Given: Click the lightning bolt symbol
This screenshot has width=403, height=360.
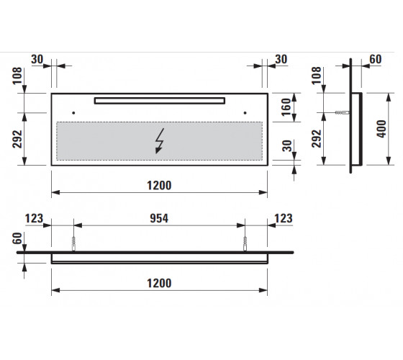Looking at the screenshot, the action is [160, 141].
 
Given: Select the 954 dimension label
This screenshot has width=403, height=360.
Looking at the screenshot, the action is [159, 218].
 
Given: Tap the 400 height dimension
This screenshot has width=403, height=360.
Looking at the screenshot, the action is [381, 129].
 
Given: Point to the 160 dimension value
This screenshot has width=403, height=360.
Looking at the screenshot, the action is [286, 107].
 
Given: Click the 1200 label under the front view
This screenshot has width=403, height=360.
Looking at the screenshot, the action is [159, 186].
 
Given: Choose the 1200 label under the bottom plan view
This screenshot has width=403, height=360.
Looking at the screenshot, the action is [159, 284].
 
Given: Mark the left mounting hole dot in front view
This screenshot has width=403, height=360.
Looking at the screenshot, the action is [73, 113].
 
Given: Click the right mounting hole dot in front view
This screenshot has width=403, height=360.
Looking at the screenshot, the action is [245, 113].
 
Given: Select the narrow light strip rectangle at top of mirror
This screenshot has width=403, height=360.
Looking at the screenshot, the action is [160, 101].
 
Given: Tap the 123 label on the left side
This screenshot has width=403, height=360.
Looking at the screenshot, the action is [34, 219].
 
